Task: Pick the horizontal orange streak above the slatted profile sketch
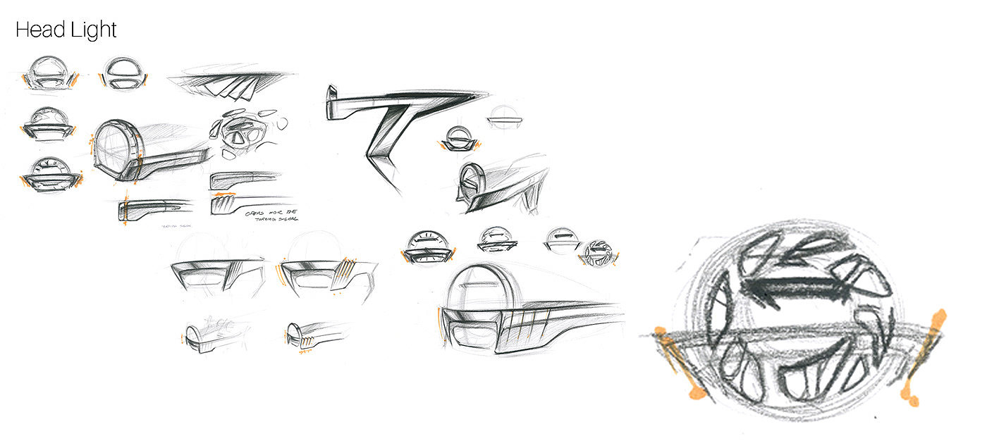click(223, 193)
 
